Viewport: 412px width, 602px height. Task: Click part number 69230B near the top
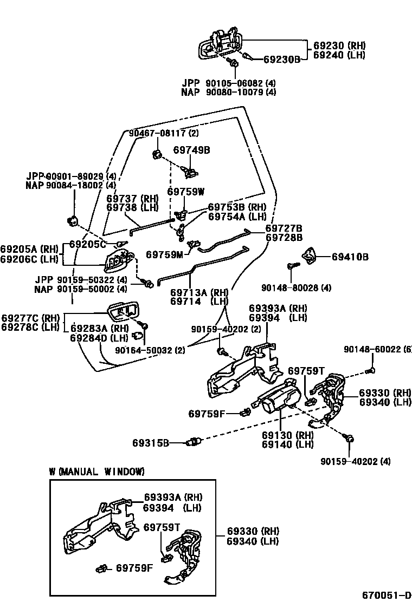[x=281, y=59]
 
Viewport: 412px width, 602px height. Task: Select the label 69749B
[x=191, y=150]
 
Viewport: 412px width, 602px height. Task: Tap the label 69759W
[x=185, y=191]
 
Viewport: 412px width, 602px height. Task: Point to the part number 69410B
[x=350, y=257]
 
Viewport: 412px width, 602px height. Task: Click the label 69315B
[x=151, y=443]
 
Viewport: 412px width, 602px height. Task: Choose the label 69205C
[x=87, y=244]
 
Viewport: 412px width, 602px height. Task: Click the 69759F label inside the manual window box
[x=134, y=568]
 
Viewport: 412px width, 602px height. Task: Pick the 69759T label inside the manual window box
[x=161, y=527]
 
